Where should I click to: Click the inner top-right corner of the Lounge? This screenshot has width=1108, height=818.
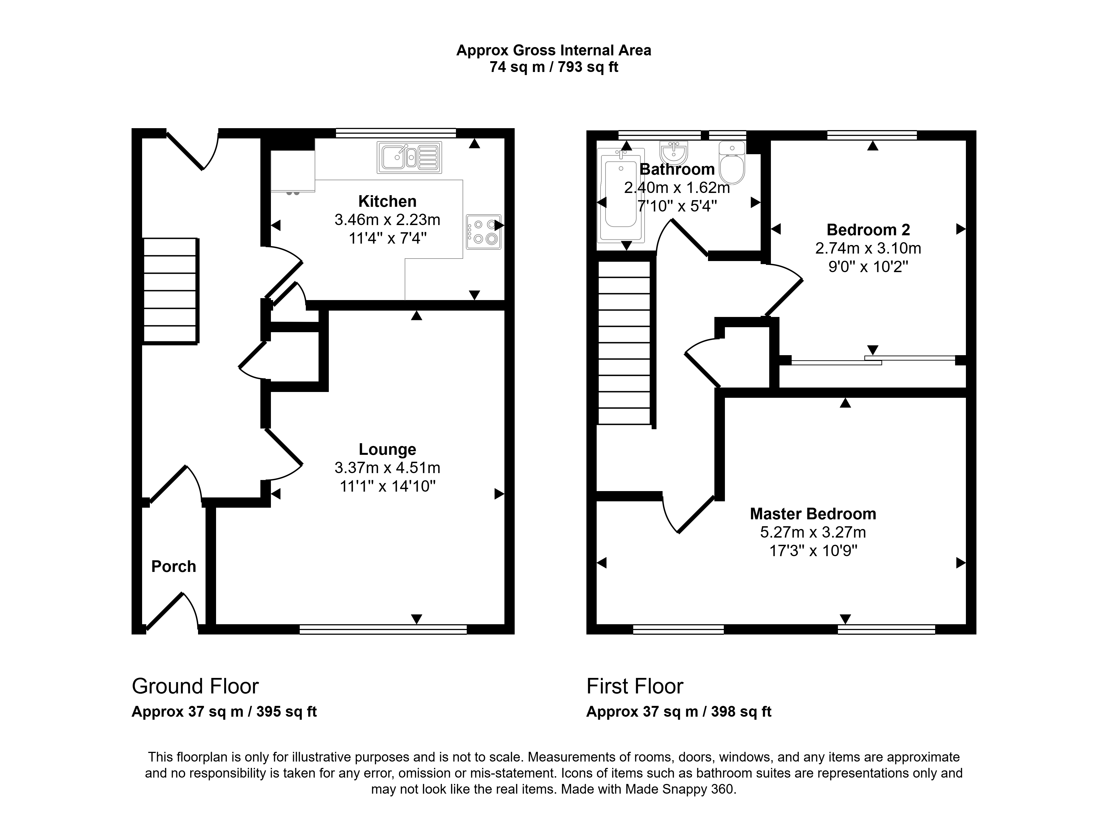(504, 311)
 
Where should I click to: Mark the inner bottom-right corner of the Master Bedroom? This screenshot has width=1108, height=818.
(966, 625)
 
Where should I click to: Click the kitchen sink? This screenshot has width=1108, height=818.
(409, 158)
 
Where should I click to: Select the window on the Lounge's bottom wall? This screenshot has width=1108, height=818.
(383, 629)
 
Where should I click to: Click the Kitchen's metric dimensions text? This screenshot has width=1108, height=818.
(388, 219)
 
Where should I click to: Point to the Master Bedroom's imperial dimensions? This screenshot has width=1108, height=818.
(813, 551)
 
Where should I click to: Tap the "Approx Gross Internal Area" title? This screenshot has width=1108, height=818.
(553, 50)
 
